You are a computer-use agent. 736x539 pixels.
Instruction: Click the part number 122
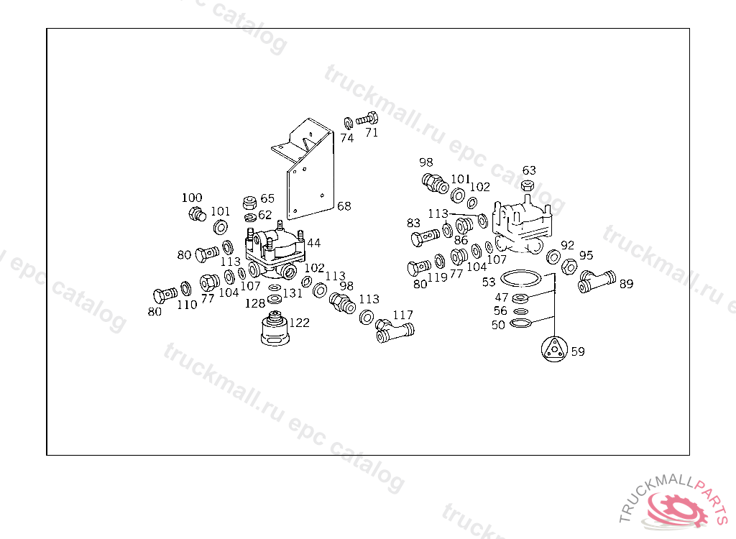(x=300, y=323)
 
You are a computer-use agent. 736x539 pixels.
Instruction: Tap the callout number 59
(x=578, y=351)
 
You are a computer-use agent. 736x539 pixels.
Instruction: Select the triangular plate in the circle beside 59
(x=554, y=349)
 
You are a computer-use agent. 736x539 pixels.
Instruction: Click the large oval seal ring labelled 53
(x=521, y=278)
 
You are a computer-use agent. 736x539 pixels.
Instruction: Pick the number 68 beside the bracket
(x=344, y=206)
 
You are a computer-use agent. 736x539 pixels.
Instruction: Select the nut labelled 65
(x=249, y=203)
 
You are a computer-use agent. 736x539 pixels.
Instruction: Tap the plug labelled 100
(x=197, y=214)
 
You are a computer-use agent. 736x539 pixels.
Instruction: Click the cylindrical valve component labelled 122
(x=275, y=328)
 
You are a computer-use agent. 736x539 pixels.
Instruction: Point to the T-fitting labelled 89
(x=596, y=281)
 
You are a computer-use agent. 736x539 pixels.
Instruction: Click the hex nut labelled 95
(x=569, y=267)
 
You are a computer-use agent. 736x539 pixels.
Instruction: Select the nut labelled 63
(x=528, y=185)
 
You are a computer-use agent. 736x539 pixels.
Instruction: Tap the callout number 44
(x=313, y=243)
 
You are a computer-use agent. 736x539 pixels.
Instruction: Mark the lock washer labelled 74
(x=348, y=123)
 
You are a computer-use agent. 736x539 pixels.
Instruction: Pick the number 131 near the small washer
(x=293, y=293)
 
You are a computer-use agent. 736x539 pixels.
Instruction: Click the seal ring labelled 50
(x=520, y=323)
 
